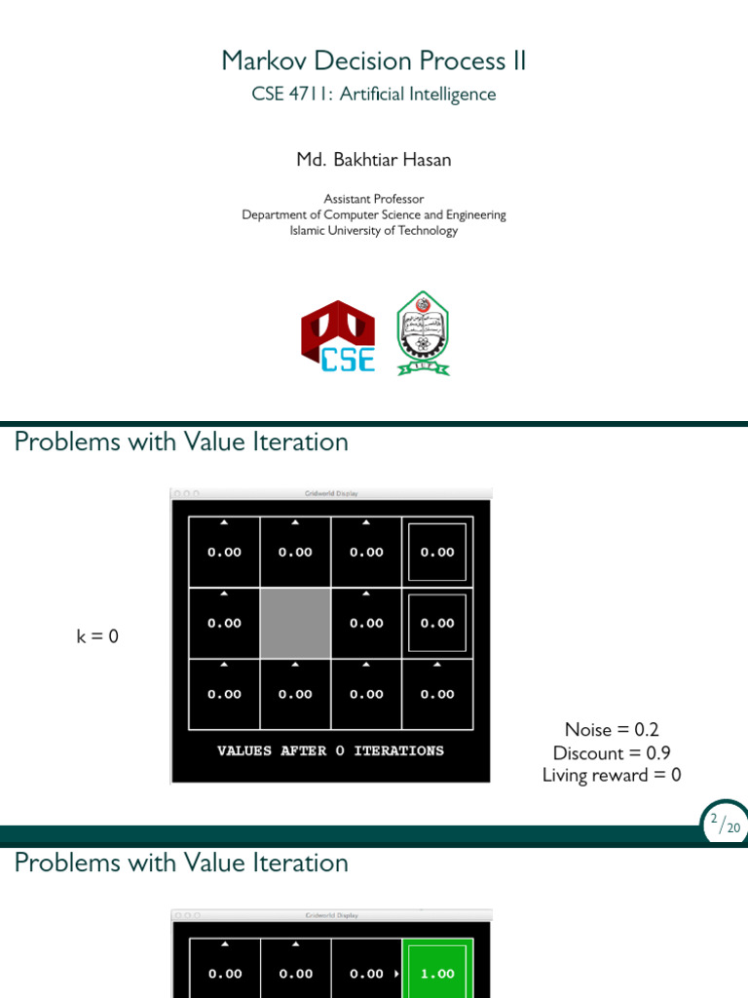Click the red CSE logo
click(x=338, y=336)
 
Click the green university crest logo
click(x=424, y=333)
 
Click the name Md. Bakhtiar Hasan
click(x=374, y=160)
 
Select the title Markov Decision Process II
click(x=374, y=60)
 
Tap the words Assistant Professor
click(x=374, y=199)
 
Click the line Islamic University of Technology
click(x=374, y=231)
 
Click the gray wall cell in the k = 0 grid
click(x=295, y=623)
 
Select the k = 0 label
click(x=97, y=637)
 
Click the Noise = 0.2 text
click(x=612, y=730)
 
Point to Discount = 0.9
click(x=612, y=752)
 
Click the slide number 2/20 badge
click(x=726, y=823)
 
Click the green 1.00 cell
click(x=437, y=973)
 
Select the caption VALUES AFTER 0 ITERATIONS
click(x=330, y=751)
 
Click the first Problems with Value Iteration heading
click(x=181, y=442)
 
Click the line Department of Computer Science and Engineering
click(x=374, y=215)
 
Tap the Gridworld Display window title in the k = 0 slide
click(x=331, y=494)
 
